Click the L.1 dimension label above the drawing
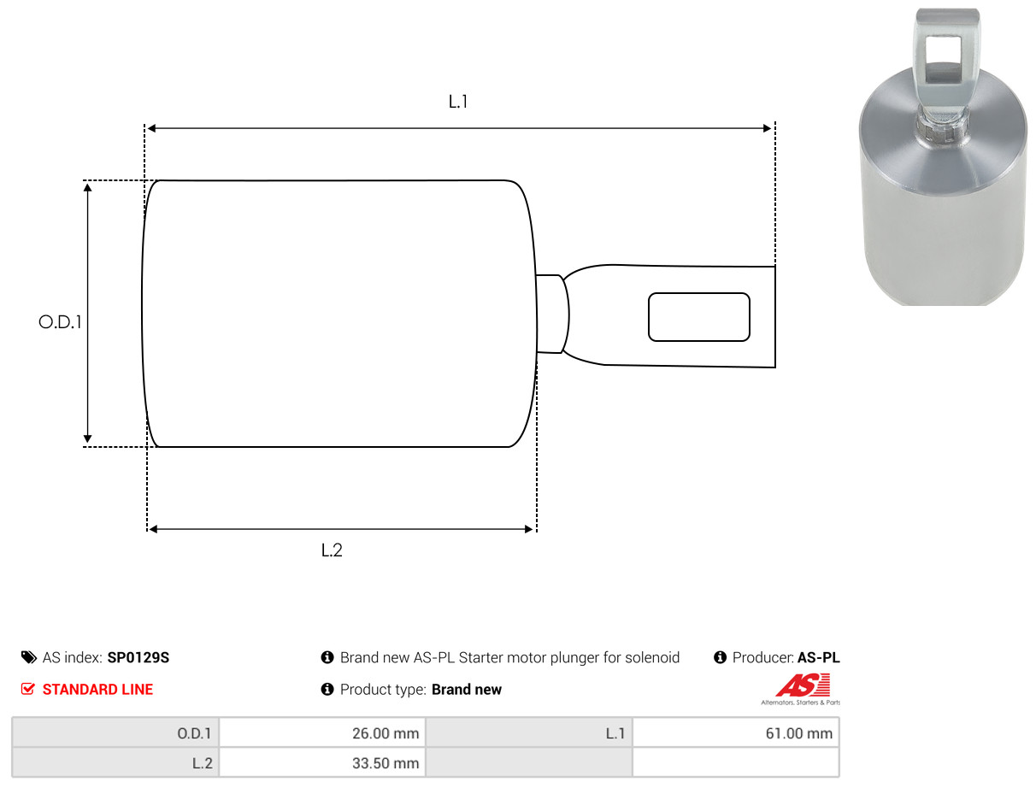pyautogui.click(x=457, y=102)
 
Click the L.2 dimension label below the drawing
pyautogui.click(x=332, y=550)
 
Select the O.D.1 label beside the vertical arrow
pyautogui.click(x=60, y=322)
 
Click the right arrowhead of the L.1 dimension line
pyautogui.click(x=767, y=128)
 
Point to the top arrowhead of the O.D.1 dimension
pyautogui.click(x=87, y=187)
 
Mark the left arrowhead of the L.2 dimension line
pyautogui.click(x=153, y=529)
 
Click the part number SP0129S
pyautogui.click(x=138, y=657)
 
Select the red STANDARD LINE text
pyautogui.click(x=97, y=690)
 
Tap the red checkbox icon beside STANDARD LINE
pyautogui.click(x=28, y=689)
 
